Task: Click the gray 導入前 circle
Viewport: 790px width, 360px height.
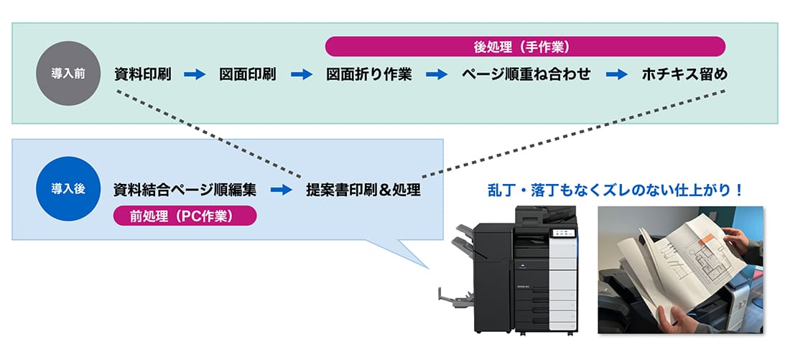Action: tap(68, 74)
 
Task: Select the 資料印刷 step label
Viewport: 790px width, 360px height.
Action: tap(142, 74)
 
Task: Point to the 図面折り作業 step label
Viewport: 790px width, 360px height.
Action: tap(368, 74)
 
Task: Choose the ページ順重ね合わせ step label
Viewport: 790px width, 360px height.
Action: tap(526, 74)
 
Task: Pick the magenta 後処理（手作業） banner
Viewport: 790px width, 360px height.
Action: tap(525, 47)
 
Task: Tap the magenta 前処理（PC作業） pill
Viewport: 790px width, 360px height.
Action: tap(185, 216)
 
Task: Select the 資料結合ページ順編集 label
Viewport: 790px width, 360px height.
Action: tap(185, 190)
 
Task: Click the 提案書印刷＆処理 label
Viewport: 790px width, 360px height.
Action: tap(363, 190)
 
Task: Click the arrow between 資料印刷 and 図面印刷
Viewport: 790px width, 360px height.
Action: tap(195, 74)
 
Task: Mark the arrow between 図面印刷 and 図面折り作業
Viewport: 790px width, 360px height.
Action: tap(302, 74)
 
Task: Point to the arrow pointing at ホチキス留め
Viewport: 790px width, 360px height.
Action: tap(617, 74)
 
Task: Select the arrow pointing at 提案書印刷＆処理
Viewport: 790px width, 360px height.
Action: tap(282, 190)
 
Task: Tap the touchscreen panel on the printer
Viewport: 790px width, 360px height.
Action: tap(560, 233)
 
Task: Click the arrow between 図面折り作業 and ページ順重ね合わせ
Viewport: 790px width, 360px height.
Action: tap(437, 74)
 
